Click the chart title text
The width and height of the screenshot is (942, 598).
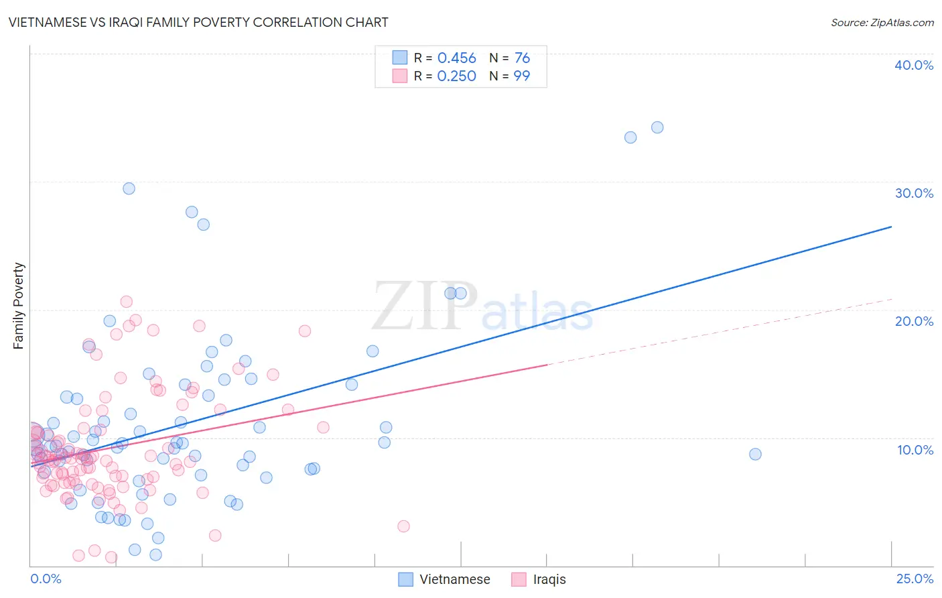[x=198, y=22]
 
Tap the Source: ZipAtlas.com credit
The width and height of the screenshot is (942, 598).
[x=882, y=22]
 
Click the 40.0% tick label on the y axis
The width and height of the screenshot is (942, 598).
[x=914, y=65]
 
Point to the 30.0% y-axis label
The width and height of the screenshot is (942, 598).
[x=914, y=193]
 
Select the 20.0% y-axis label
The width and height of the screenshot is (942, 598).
[x=914, y=321]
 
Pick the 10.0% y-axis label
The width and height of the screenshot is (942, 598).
[x=914, y=450]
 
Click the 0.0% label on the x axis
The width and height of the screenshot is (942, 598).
[x=46, y=579]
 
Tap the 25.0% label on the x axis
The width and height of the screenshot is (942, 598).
[x=914, y=579]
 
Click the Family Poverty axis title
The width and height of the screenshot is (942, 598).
[x=19, y=306]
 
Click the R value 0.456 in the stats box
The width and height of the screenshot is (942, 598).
[x=456, y=58]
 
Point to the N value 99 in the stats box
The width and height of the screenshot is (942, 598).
[x=521, y=76]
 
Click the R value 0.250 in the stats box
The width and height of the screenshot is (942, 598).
[x=456, y=76]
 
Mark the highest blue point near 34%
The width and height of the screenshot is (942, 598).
[x=657, y=127]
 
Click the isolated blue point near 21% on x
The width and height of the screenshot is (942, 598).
[x=755, y=454]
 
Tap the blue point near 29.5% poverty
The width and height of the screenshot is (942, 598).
[x=129, y=188]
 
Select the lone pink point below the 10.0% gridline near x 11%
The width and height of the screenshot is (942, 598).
[x=403, y=526]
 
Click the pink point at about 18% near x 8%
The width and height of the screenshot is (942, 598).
[x=305, y=331]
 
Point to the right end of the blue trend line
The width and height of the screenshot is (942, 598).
[x=891, y=227]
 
